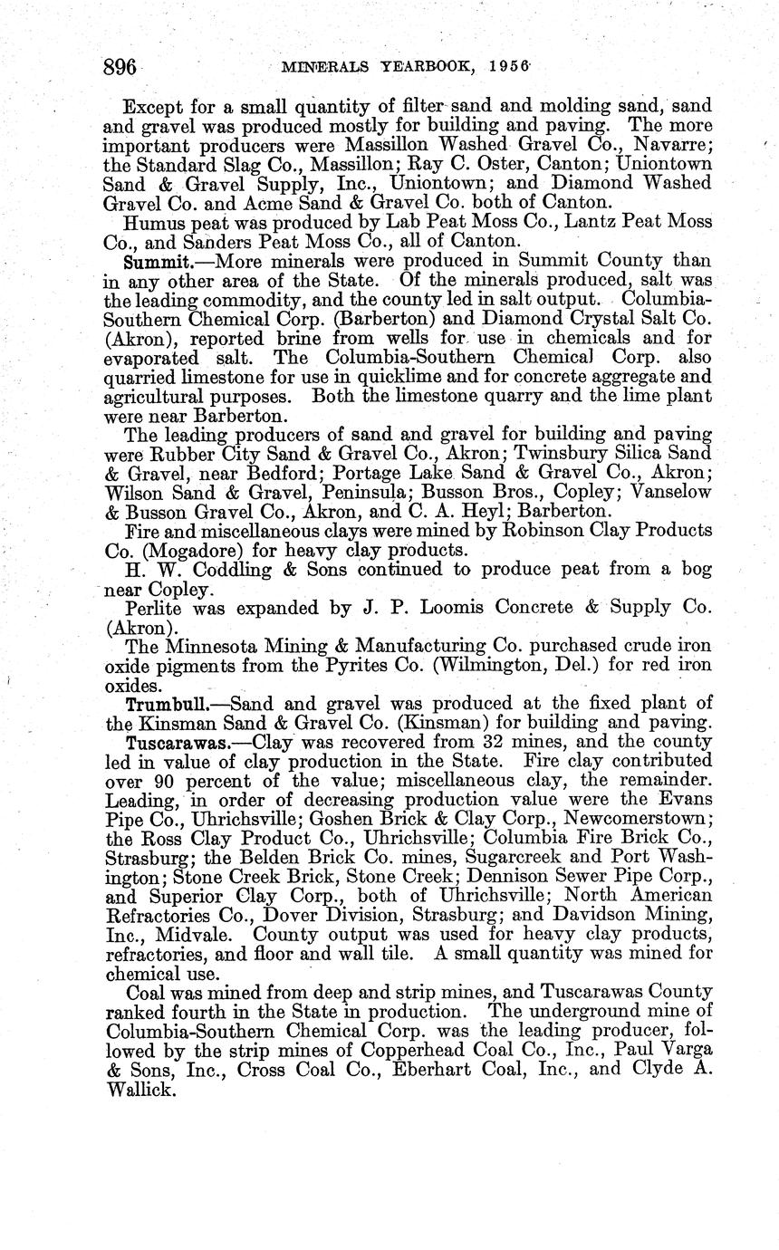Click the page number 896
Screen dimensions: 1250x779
click(120, 67)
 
